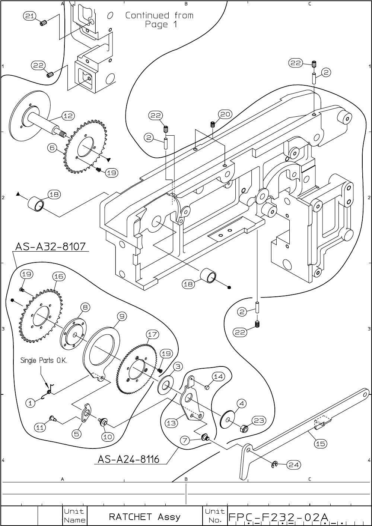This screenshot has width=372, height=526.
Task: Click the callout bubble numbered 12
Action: tap(68, 116)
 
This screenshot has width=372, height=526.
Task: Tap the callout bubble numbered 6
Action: tap(52, 148)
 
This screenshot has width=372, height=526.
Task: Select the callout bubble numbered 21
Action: tap(29, 16)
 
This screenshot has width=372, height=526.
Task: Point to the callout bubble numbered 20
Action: tap(225, 114)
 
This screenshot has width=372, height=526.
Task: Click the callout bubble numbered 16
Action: tap(58, 276)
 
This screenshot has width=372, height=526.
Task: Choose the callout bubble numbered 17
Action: tap(152, 334)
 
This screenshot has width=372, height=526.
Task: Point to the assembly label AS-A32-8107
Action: tap(50, 246)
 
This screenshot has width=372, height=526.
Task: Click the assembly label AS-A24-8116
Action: tap(128, 459)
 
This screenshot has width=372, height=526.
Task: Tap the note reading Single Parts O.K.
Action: tap(44, 360)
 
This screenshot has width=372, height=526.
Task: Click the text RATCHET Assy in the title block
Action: tap(145, 517)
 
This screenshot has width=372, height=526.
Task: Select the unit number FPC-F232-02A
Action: tap(278, 517)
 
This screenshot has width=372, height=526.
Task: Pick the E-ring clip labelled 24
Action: tap(275, 464)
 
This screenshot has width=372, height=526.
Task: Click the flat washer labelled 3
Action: tap(165, 385)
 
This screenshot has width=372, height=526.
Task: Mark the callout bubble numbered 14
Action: tap(218, 377)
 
